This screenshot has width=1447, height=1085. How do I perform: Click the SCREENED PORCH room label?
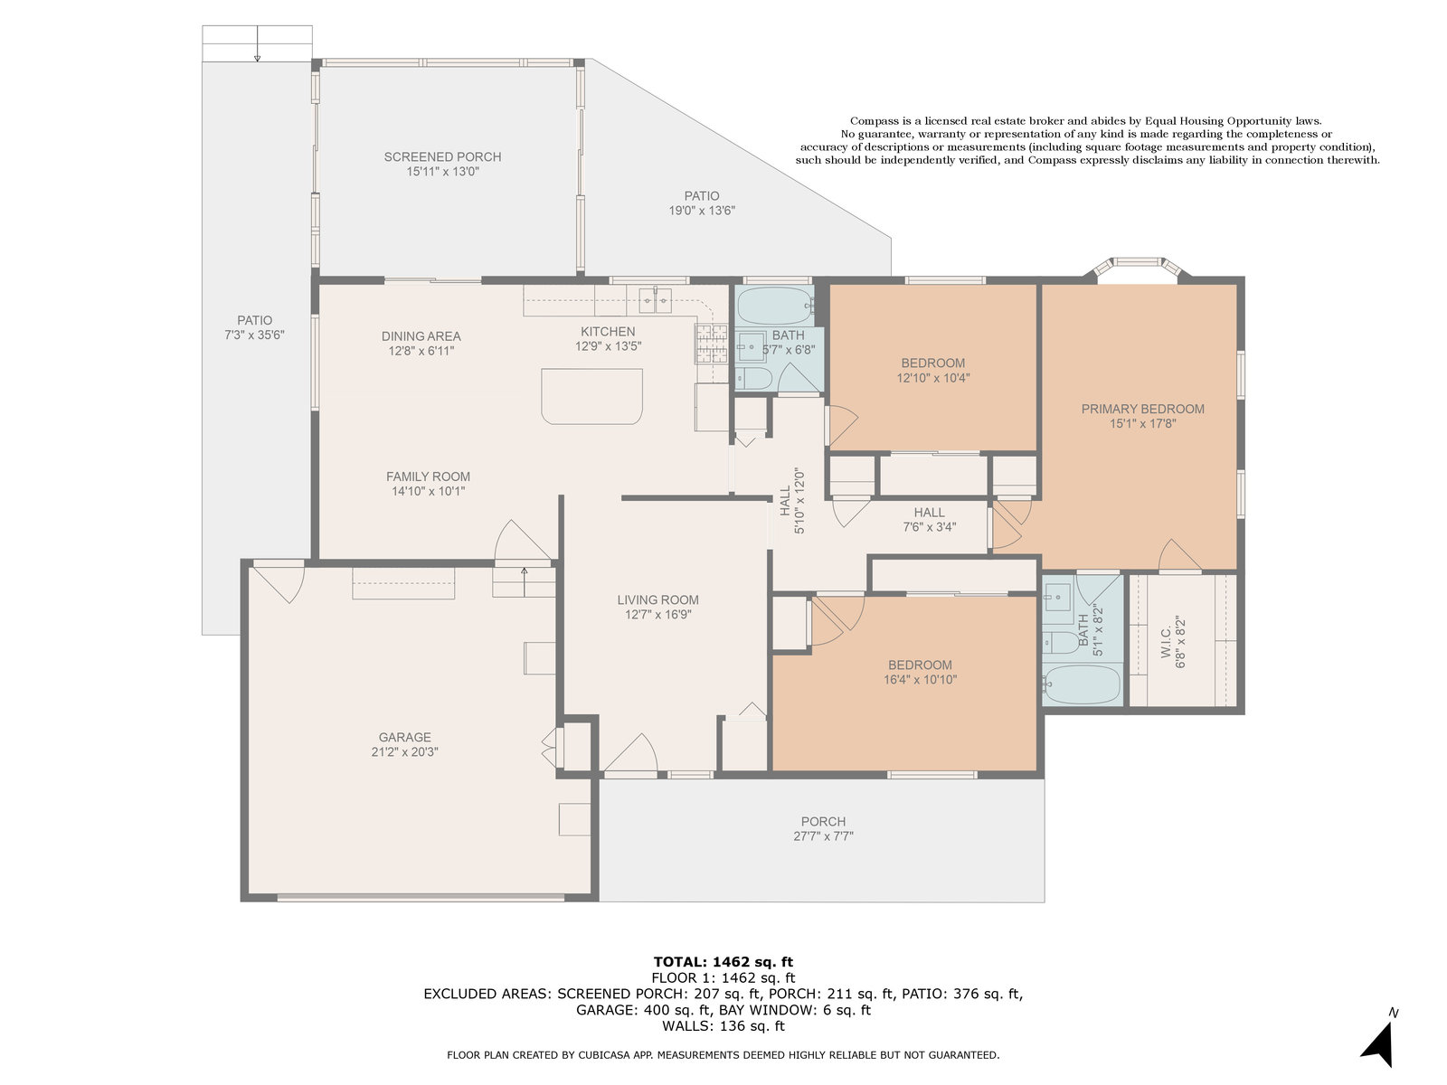tap(442, 156)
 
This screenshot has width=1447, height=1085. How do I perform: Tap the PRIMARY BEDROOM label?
tap(1142, 409)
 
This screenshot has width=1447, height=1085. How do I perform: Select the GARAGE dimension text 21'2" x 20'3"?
tap(404, 751)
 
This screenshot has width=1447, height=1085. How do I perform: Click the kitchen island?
tap(591, 396)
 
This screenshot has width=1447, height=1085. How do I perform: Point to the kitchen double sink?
tap(656, 300)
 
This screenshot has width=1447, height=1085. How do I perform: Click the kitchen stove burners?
tap(711, 344)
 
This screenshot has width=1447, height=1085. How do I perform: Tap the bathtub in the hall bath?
tap(774, 305)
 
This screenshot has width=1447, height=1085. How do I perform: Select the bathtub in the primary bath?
tap(1082, 684)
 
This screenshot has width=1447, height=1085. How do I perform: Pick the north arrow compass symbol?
tap(1380, 1044)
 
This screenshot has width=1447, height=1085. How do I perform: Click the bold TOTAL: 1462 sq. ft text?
tap(723, 962)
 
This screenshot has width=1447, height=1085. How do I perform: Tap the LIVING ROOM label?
tap(657, 599)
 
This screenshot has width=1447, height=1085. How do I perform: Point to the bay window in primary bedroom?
tap(1138, 267)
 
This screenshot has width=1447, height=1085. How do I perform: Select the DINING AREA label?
tap(421, 336)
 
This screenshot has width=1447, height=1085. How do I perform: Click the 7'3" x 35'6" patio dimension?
tap(254, 335)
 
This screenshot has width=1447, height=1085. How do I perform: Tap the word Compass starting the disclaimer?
tap(875, 120)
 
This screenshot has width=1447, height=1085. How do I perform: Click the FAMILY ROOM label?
tap(428, 476)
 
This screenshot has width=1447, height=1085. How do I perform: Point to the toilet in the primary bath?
tap(1060, 642)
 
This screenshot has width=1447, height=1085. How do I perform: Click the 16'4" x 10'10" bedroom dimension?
tap(920, 679)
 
